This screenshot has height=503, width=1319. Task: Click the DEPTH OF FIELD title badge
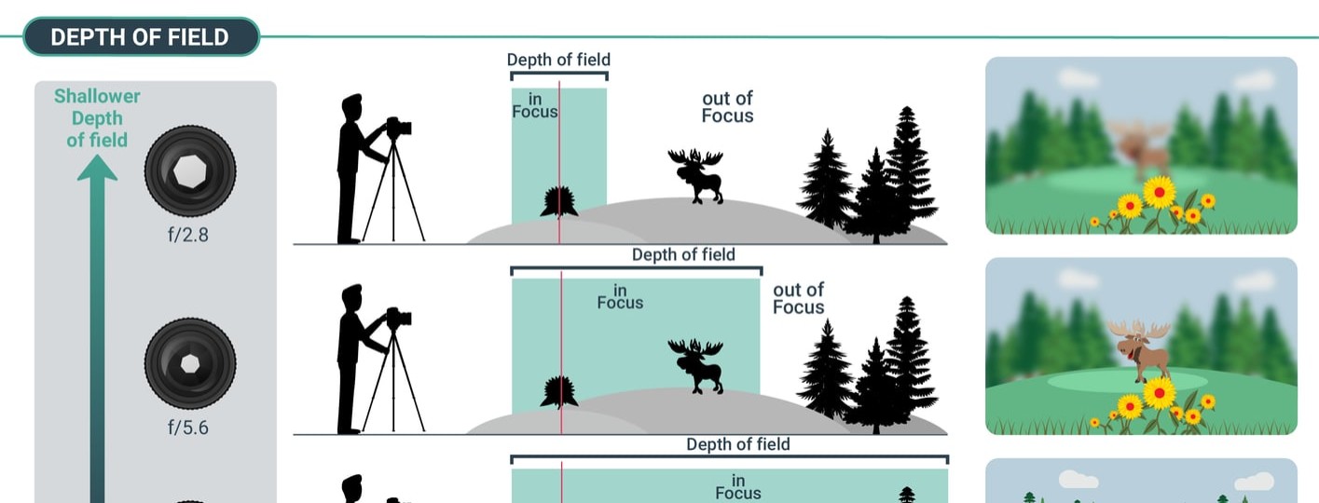142,36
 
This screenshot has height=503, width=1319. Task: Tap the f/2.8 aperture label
188,235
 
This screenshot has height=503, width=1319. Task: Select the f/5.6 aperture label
188,428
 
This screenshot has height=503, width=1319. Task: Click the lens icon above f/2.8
190,170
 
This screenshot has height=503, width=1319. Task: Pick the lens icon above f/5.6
190,363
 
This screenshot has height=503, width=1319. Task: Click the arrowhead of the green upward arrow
97,167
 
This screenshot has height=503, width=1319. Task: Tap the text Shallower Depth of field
97,117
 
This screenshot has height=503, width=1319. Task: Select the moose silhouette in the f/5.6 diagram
696,366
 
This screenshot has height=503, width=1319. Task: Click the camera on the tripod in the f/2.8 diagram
398,128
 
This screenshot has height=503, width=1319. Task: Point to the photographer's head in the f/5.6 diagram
352,296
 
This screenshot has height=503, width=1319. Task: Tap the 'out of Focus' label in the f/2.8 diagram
727,107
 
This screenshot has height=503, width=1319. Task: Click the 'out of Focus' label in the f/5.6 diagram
799,298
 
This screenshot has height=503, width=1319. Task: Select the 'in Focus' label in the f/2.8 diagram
535,105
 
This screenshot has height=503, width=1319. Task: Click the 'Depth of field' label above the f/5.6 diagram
683,254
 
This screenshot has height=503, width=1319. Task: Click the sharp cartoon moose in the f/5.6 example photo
1139,350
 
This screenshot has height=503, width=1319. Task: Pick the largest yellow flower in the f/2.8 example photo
1160,192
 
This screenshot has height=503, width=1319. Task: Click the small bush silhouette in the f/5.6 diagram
558,392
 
